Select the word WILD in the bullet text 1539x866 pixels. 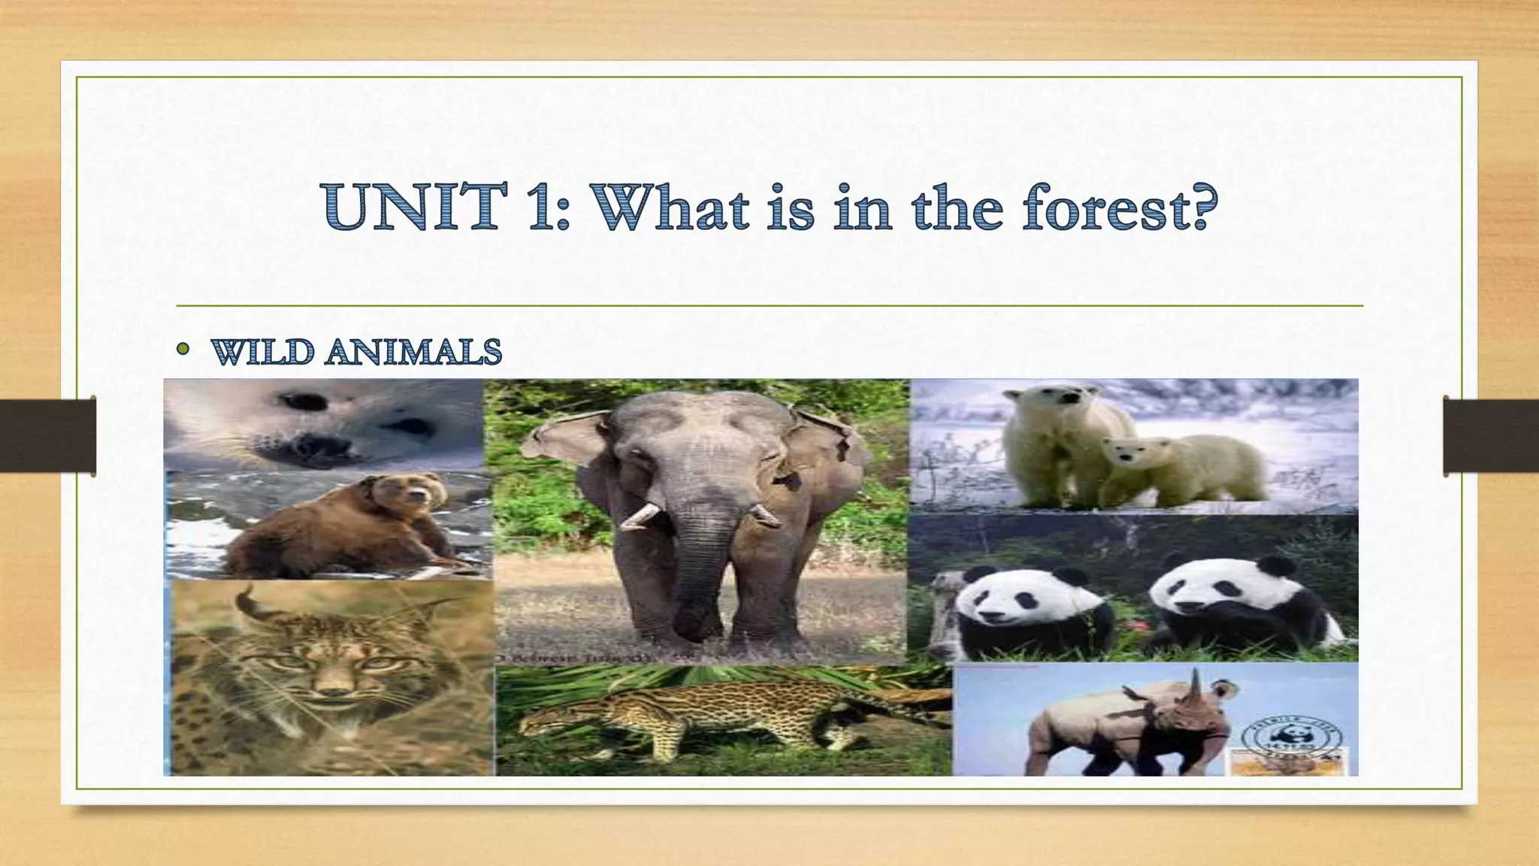pos(260,352)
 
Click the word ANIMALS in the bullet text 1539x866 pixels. pos(413,352)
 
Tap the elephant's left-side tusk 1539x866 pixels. pos(639,516)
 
